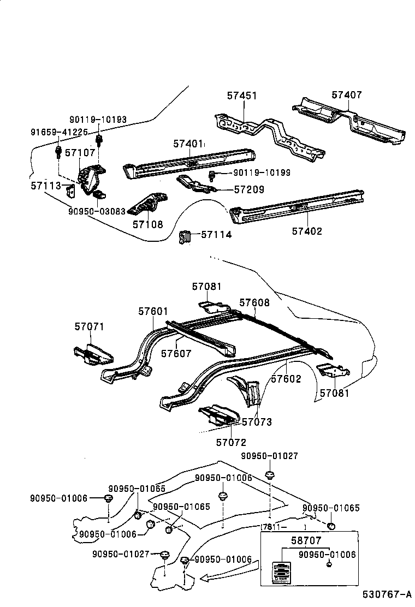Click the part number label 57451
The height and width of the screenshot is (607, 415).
click(x=242, y=96)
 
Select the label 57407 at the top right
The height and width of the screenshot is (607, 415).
click(x=347, y=95)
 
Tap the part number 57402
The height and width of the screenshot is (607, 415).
click(x=307, y=231)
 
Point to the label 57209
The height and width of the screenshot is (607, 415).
click(x=249, y=189)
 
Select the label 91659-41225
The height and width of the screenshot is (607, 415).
click(x=59, y=132)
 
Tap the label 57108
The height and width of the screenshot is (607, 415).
click(x=147, y=224)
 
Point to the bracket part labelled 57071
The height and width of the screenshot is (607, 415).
click(x=93, y=353)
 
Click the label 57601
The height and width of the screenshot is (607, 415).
click(x=153, y=311)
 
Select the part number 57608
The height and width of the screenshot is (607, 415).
click(x=254, y=302)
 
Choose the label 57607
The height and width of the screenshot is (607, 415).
click(x=176, y=353)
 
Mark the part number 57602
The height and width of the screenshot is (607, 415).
click(x=286, y=378)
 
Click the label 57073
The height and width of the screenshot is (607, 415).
click(x=257, y=421)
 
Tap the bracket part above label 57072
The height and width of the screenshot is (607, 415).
click(x=220, y=415)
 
